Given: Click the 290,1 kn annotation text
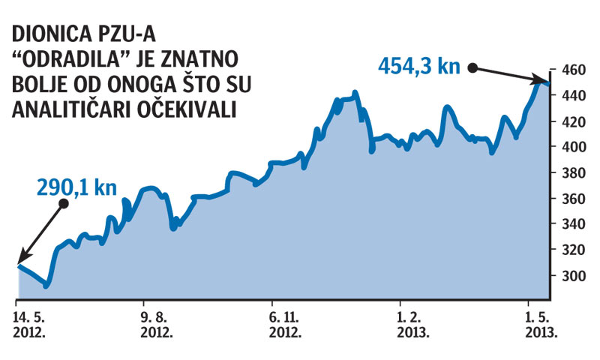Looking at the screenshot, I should coord(77,185).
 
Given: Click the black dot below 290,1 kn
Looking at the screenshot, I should coord(64,203).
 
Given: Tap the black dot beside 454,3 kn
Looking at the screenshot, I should coord(473,67).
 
